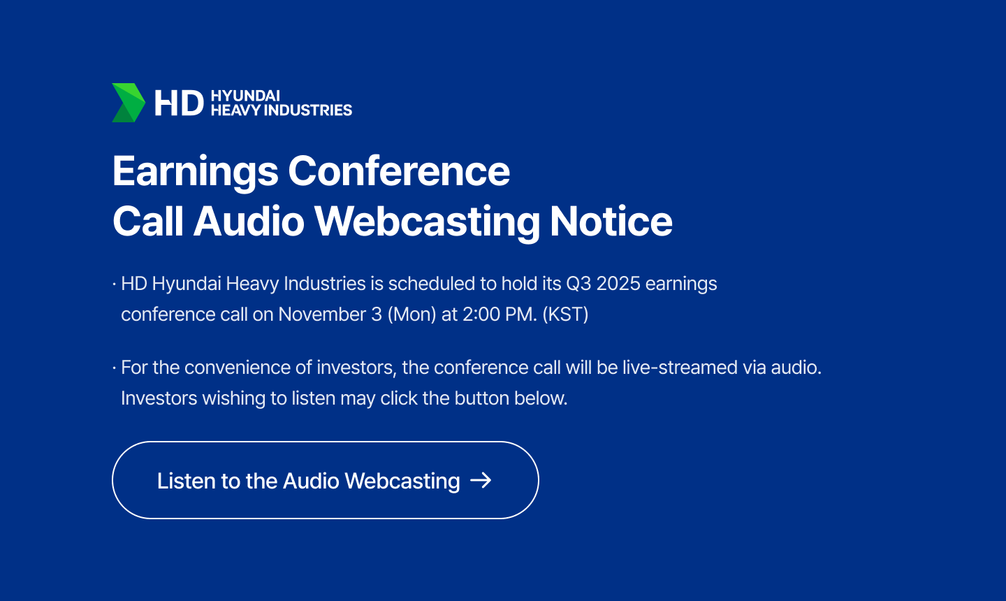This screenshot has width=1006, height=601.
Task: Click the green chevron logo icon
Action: (129, 103)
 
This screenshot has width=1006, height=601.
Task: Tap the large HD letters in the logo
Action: (179, 103)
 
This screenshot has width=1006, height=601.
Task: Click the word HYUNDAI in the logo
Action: (245, 96)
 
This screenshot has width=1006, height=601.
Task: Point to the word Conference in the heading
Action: (399, 171)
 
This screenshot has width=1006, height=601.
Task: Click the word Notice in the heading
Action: (611, 221)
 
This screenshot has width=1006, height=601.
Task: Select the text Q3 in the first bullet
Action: (578, 284)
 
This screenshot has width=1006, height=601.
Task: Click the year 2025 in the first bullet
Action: (618, 284)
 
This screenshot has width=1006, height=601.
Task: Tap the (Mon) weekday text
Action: (412, 314)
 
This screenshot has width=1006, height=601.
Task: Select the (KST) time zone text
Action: (565, 314)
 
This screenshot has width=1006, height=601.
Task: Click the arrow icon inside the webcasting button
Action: (481, 480)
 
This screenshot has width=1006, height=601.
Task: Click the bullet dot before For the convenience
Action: (115, 368)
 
